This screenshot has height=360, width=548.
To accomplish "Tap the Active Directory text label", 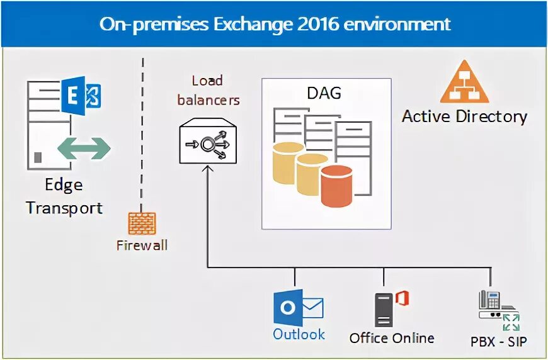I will tap(464, 116).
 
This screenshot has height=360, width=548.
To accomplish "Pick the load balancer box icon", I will tap(208, 143).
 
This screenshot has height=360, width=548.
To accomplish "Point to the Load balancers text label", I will tap(208, 90).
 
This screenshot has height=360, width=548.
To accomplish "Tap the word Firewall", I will tap(142, 245).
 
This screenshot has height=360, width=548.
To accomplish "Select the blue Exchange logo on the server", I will tap(81, 96).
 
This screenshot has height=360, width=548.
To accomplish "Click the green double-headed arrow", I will tap(84, 149).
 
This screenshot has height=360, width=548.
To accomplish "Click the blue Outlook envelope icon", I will tap(298, 308).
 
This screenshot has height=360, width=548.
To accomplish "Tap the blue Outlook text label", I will tap(299, 334).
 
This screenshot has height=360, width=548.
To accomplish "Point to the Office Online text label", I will tap(392, 338).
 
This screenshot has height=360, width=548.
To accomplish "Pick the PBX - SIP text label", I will tap(498, 342).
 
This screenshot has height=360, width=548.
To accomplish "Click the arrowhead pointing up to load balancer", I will tap(208, 170).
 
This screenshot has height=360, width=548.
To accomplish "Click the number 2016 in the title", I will tap(319, 24).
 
